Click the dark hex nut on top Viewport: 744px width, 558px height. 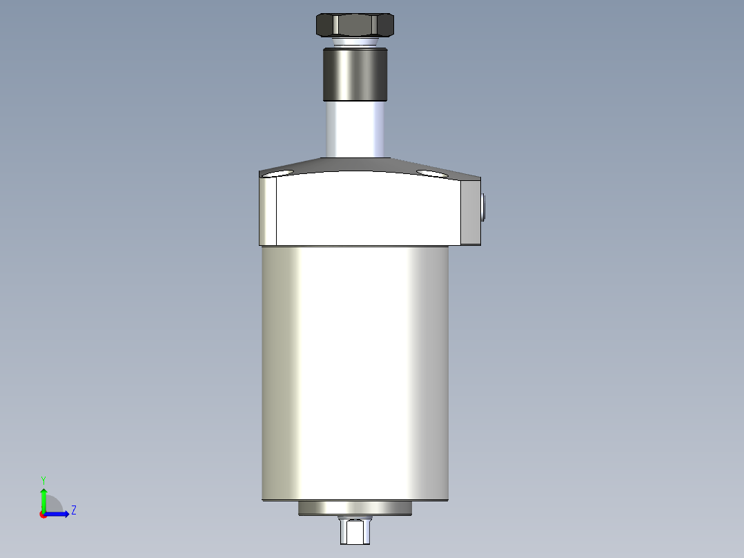click(355, 26)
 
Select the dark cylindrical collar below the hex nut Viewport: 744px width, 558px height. click(355, 74)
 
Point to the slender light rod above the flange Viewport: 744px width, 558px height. click(355, 129)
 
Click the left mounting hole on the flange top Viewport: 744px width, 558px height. click(283, 173)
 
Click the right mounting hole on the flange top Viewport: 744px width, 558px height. click(431, 173)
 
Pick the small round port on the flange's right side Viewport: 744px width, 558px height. click(483, 207)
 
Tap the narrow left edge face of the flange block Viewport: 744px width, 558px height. click(268, 211)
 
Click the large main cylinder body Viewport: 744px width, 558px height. click(355, 373)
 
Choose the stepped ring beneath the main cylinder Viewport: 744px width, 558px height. click(355, 508)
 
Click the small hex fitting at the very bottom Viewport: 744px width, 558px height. click(354, 531)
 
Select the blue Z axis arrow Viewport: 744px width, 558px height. click(59, 514)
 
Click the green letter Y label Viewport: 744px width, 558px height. click(43, 479)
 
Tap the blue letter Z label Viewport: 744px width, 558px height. click(73, 510)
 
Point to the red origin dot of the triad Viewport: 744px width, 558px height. click(43, 514)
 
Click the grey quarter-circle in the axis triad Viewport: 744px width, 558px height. click(54, 505)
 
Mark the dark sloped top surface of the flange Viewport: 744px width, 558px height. click(359, 165)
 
